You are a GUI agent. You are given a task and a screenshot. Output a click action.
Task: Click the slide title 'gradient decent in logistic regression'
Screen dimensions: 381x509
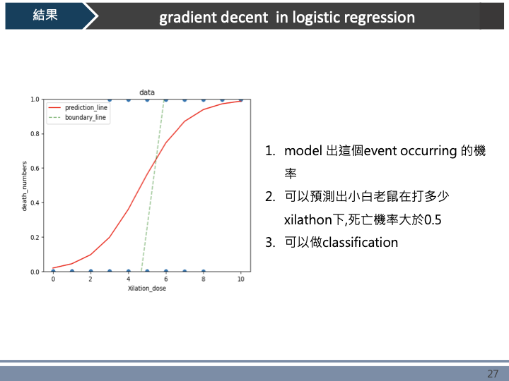(x=287, y=17)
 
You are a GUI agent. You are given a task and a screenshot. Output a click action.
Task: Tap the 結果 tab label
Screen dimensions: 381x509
(x=45, y=16)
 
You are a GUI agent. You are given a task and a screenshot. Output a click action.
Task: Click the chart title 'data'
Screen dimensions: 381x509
(x=147, y=92)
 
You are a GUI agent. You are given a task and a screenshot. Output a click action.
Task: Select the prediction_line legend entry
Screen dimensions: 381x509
(x=86, y=108)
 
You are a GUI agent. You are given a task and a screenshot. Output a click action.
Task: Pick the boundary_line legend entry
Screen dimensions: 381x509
(x=85, y=118)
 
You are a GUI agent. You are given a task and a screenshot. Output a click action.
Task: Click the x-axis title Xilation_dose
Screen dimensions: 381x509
(x=147, y=289)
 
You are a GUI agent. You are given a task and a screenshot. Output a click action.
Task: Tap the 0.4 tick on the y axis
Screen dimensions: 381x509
(x=34, y=202)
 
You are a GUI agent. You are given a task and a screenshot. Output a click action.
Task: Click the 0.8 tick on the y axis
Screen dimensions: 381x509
(x=34, y=134)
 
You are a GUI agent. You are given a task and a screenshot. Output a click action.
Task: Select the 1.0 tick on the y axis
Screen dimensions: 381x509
(x=34, y=99)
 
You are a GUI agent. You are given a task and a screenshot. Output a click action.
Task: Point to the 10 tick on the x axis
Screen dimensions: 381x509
(x=240, y=279)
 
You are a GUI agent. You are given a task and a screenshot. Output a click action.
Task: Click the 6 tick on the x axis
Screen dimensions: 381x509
(x=165, y=279)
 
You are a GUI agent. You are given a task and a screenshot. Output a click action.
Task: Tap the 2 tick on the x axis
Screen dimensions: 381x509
(x=90, y=279)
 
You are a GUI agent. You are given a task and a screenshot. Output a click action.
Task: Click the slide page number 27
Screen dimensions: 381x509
(x=493, y=373)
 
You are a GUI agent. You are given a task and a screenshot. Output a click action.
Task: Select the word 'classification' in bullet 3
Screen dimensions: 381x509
(x=360, y=243)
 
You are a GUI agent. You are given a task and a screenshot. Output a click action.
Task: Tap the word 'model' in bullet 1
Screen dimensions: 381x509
(x=303, y=151)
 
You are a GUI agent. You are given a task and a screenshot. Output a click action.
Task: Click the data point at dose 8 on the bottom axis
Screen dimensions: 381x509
(x=203, y=272)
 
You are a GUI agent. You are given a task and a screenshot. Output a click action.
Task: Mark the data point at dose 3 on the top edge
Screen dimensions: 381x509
(x=110, y=99)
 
